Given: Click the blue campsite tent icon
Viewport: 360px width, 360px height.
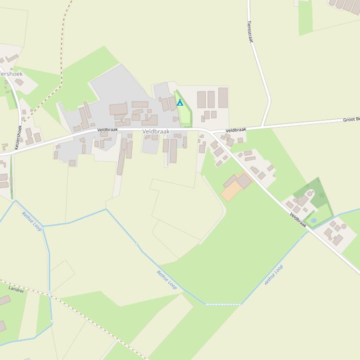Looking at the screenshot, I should [180, 102].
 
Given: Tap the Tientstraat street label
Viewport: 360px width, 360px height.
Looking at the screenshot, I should [250, 32].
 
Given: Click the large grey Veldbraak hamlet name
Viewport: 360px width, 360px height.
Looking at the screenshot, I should [156, 132].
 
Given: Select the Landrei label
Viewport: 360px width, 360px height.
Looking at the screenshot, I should [16, 290].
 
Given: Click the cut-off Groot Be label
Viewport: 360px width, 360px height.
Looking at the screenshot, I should [351, 120].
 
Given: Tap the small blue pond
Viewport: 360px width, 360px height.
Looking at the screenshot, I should [313, 220].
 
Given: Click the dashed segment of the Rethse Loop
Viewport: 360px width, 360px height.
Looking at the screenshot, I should [223, 304].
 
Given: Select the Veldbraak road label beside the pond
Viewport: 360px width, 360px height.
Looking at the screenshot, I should [298, 220].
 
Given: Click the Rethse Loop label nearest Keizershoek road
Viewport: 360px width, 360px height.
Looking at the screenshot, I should [32, 221].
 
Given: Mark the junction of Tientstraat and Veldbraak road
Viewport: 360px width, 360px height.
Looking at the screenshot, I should [263, 126].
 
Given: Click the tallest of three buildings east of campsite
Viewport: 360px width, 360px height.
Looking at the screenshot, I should [223, 98].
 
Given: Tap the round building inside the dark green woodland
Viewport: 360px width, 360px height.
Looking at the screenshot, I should [310, 194].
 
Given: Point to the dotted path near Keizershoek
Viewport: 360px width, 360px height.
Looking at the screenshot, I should [62, 61].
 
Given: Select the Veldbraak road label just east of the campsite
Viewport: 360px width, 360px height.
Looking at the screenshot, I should [236, 130].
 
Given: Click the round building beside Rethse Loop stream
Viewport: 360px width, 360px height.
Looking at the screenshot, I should [344, 226].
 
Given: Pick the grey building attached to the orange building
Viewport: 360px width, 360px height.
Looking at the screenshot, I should [244, 180].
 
